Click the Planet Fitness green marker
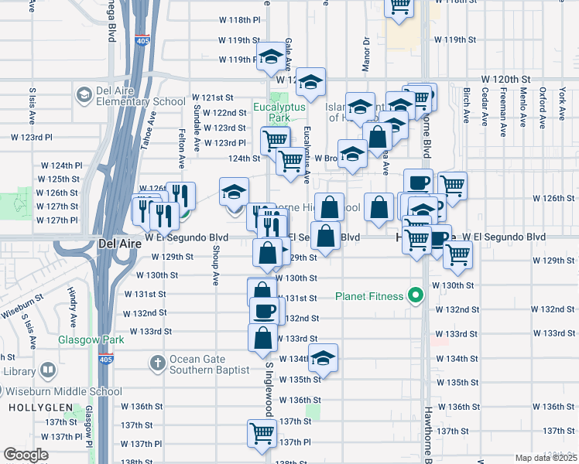coord(416,295)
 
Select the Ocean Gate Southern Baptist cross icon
coord(157,363)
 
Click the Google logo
coord(26,454)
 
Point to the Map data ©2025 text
coord(545,458)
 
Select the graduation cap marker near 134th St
coord(324,357)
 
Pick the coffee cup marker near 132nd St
coord(264,311)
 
